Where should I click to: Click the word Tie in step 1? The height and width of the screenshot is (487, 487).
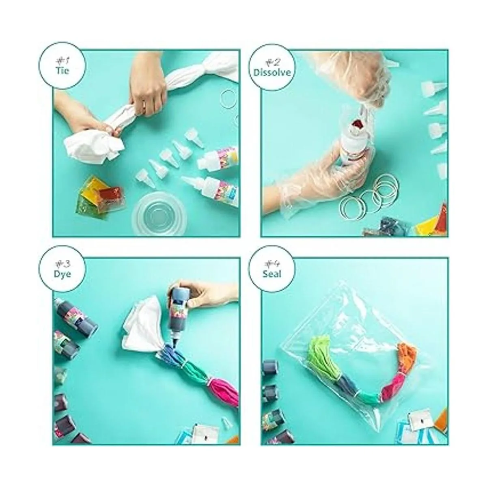point(62,71)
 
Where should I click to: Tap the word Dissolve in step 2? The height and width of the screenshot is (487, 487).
point(272,73)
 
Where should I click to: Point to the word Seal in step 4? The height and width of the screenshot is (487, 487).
point(272,274)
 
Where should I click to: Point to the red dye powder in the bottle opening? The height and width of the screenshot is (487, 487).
point(356,125)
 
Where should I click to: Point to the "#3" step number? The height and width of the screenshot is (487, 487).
point(62,265)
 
